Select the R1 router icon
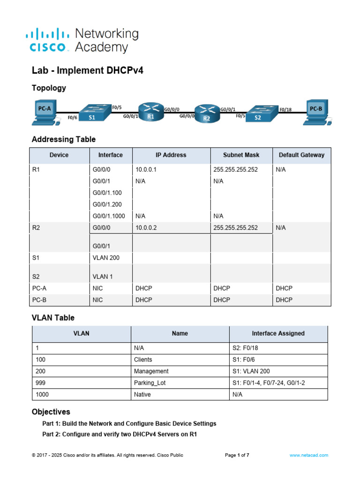pyautogui.click(x=151, y=112)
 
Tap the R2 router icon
pyautogui.click(x=207, y=113)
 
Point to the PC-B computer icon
pyautogui.click(x=317, y=112)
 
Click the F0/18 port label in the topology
pyautogui.click(x=285, y=110)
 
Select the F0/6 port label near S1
pyautogui.click(x=73, y=118)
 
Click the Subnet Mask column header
pyautogui.click(x=241, y=155)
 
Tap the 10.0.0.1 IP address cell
pyautogui.click(x=146, y=170)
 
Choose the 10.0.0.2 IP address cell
pyautogui.click(x=146, y=228)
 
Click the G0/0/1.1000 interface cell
pyautogui.click(x=109, y=216)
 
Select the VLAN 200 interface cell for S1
pyautogui.click(x=106, y=258)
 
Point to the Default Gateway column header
pyautogui.click(x=301, y=155)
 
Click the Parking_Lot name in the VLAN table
pyautogui.click(x=150, y=383)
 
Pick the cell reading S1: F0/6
pyautogui.click(x=244, y=360)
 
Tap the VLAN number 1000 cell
pyautogui.click(x=42, y=395)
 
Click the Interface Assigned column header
pyautogui.click(x=278, y=333)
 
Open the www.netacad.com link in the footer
pyautogui.click(x=309, y=455)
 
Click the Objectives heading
pyautogui.click(x=51, y=412)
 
